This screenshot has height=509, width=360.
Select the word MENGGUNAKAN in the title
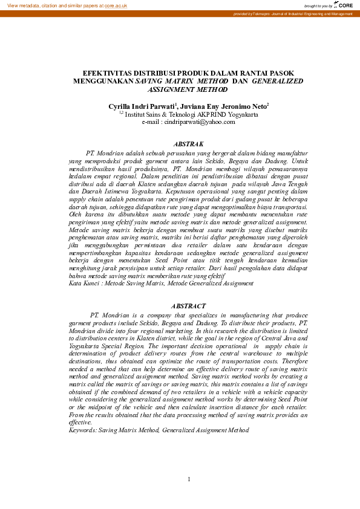coord(102,80)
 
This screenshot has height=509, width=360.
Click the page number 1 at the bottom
coord(189,479)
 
